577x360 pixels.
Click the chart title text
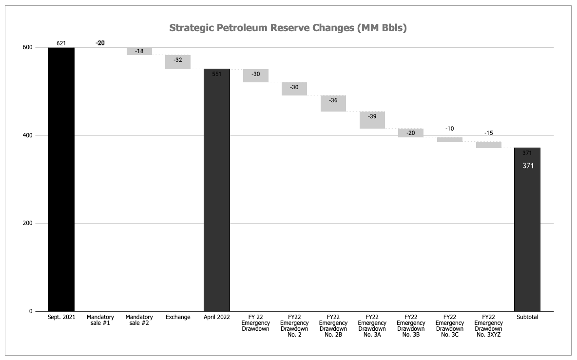click(288, 28)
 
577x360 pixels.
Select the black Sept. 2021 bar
click(61, 179)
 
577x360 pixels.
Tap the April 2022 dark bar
click(216, 190)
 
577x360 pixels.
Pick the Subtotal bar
click(527, 229)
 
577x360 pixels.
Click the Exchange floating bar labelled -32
click(178, 62)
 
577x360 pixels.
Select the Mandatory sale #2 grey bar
click(139, 51)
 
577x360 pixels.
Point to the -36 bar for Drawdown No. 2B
click(333, 103)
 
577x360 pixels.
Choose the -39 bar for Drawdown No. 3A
click(372, 120)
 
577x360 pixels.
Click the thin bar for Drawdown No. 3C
click(449, 139)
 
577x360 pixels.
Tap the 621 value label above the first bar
click(61, 43)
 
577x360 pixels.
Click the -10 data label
click(450, 129)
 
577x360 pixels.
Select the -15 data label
click(488, 133)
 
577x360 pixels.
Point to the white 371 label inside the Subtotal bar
click(528, 166)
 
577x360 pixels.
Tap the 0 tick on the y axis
click(30, 311)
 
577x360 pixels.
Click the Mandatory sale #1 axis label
click(100, 320)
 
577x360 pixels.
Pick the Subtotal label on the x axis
click(527, 317)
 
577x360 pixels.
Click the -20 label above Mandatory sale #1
click(100, 43)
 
